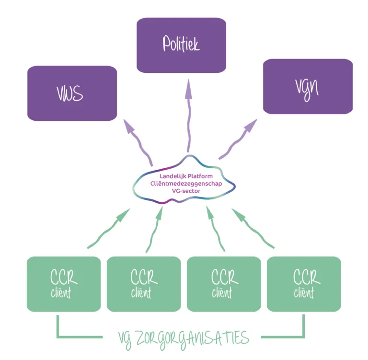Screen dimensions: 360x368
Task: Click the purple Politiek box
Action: click(x=181, y=45)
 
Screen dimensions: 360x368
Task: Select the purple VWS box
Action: click(x=72, y=93)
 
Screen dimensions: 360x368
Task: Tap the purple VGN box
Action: click(x=308, y=87)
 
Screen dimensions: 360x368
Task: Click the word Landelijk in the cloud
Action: click(x=170, y=176)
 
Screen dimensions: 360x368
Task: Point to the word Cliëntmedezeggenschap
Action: click(x=184, y=183)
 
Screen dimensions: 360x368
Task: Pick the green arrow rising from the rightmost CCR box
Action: click(x=254, y=229)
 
